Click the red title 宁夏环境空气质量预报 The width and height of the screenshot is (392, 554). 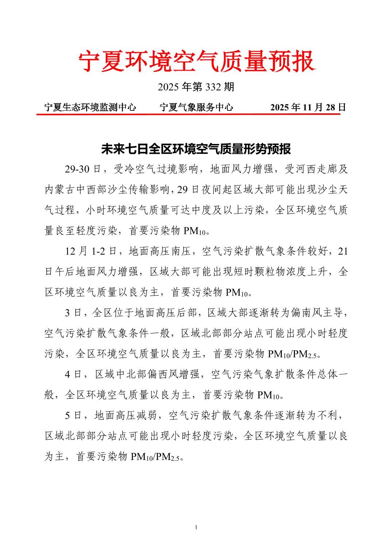[196, 61]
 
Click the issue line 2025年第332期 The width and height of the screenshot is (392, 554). [196, 87]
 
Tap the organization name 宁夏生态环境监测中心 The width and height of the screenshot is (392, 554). [90, 107]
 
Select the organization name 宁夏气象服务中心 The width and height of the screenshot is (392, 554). [196, 107]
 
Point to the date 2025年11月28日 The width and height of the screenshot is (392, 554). [308, 107]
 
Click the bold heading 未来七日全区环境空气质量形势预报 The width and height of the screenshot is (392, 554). [196, 149]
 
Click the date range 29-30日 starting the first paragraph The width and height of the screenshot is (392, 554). [83, 169]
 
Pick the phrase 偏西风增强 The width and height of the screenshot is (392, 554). [173, 374]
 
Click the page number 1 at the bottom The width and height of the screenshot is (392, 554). [196, 527]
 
